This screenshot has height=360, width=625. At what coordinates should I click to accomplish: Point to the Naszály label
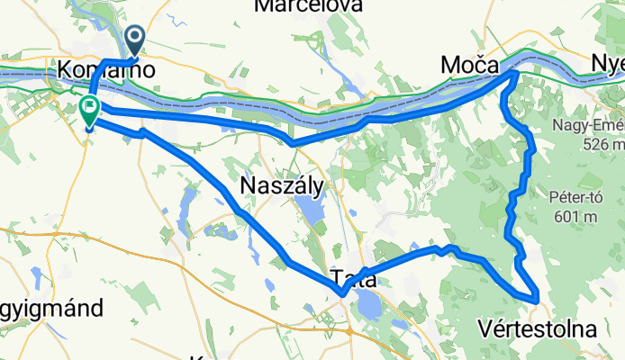click(282, 184)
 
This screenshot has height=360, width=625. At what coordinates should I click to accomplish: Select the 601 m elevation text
click(574, 216)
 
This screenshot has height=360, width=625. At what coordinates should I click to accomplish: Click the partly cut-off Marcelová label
click(309, 6)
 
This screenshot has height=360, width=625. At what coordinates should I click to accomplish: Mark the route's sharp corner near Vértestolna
click(537, 296)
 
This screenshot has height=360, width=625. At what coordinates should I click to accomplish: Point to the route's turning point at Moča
click(514, 73)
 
